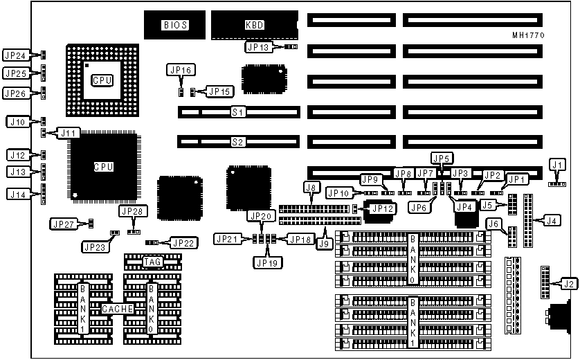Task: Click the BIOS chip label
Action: [175, 25]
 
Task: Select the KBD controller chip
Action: [254, 25]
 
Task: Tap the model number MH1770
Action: [528, 35]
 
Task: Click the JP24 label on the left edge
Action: [16, 55]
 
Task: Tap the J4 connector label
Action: [551, 221]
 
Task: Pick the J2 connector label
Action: [568, 282]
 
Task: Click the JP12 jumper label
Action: [383, 207]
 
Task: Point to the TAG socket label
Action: [152, 262]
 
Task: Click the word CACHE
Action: [116, 309]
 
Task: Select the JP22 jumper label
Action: [184, 243]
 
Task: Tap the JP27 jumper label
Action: [64, 224]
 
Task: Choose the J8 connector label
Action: [311, 187]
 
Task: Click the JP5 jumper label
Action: [441, 158]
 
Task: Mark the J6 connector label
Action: [493, 223]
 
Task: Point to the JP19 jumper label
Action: [266, 262]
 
